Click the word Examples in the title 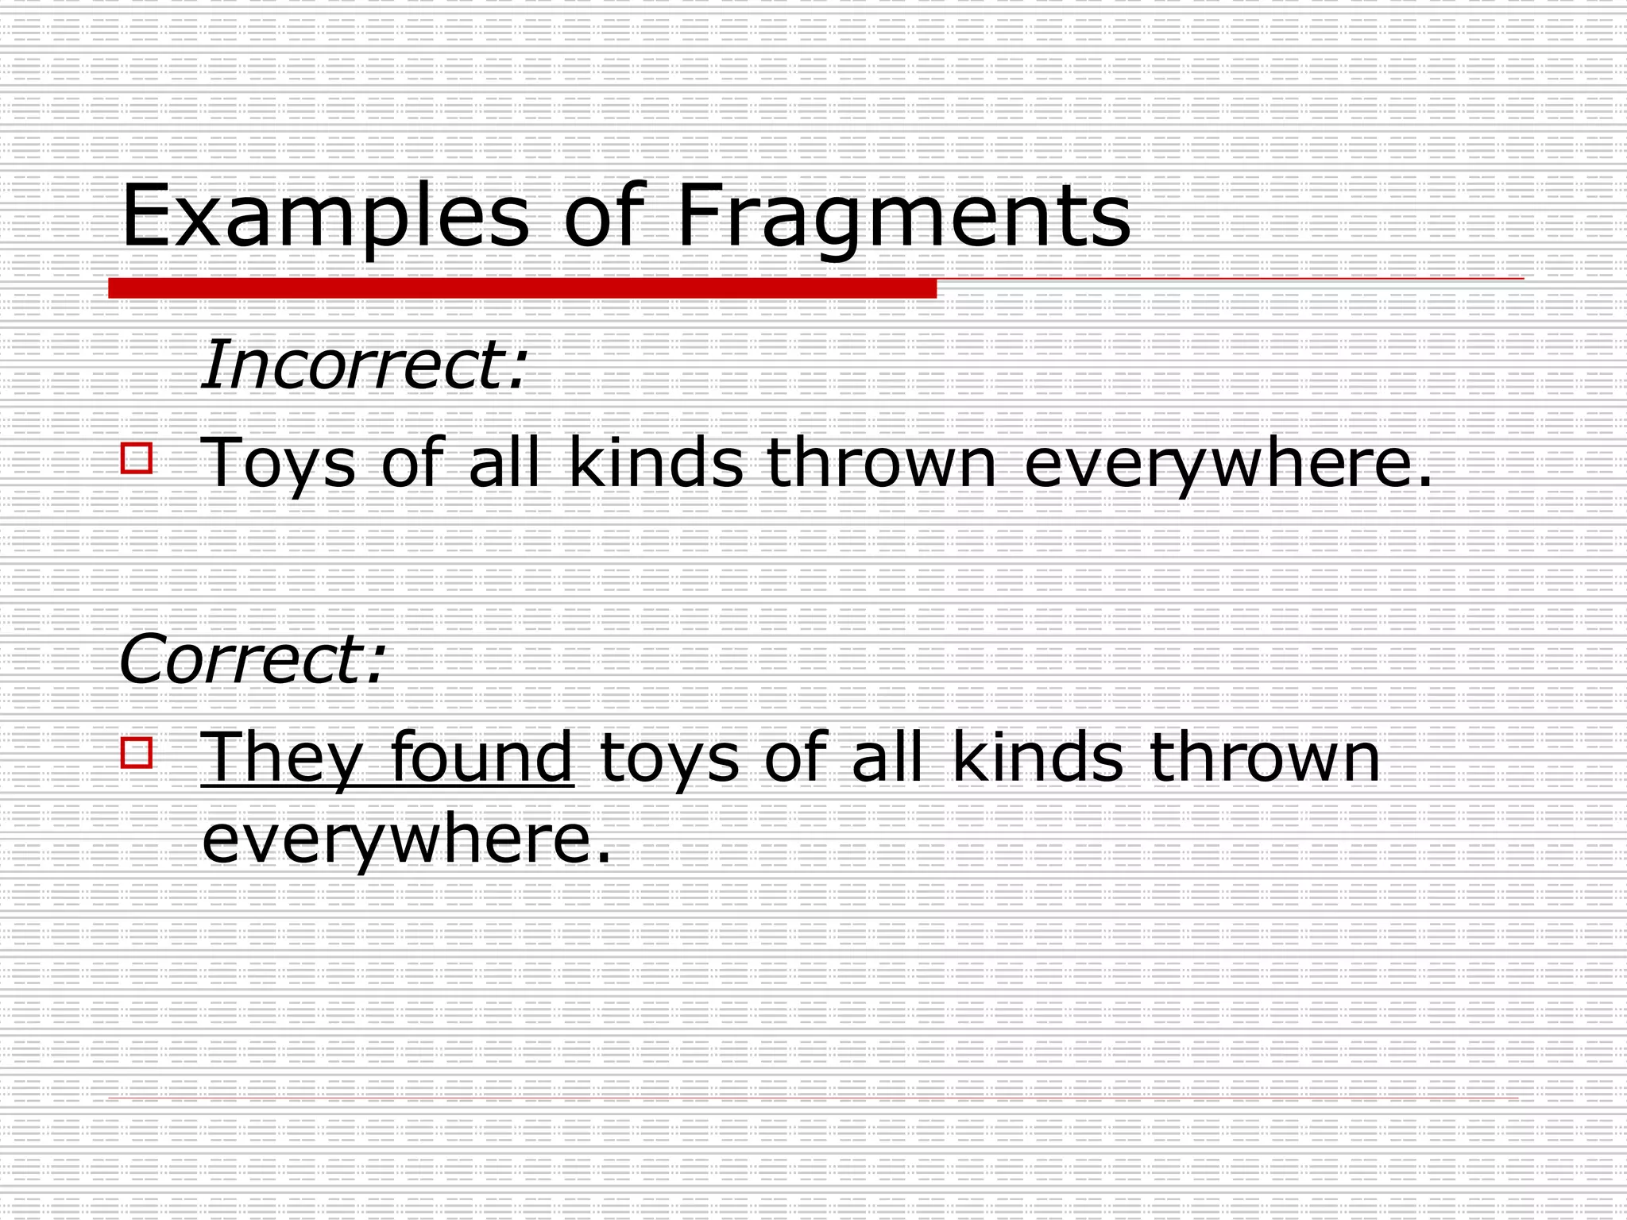[324, 216]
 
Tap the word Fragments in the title [903, 216]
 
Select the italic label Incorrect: [364, 365]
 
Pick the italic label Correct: [252, 658]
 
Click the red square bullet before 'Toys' [137, 459]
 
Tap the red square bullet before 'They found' [137, 752]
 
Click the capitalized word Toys [278, 463]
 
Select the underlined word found [481, 756]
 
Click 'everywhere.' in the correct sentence [407, 840]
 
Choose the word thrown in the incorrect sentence [880, 461]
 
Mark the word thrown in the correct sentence [1265, 756]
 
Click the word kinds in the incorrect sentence [656, 461]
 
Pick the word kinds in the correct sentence [1038, 756]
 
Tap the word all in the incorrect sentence [504, 461]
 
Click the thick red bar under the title [522, 288]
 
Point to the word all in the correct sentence [887, 756]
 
